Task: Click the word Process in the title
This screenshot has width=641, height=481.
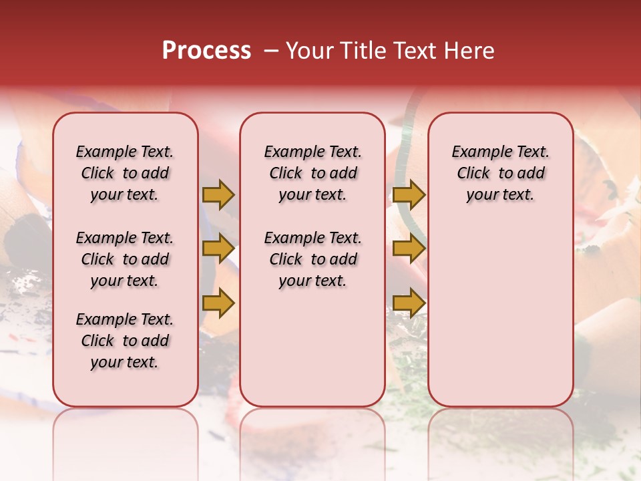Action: click(x=206, y=51)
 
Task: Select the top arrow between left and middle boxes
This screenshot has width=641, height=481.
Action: click(x=218, y=194)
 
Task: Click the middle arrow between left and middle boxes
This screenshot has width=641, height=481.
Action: click(x=218, y=249)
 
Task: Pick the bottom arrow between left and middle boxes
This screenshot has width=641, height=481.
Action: click(x=218, y=303)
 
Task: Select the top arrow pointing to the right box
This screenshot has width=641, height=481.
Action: click(x=409, y=194)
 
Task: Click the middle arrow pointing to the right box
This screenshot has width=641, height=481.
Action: click(x=409, y=249)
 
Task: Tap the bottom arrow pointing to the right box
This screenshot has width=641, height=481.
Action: click(x=409, y=303)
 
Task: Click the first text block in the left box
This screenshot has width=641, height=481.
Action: click(x=125, y=173)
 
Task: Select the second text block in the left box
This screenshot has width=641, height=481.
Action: click(x=125, y=259)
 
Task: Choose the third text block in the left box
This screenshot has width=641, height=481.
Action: click(x=125, y=341)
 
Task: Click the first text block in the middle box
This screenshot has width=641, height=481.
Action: click(x=313, y=173)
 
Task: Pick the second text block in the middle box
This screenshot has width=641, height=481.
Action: click(x=313, y=259)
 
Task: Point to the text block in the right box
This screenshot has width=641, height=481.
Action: click(x=501, y=173)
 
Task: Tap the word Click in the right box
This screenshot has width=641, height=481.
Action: click(x=473, y=173)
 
